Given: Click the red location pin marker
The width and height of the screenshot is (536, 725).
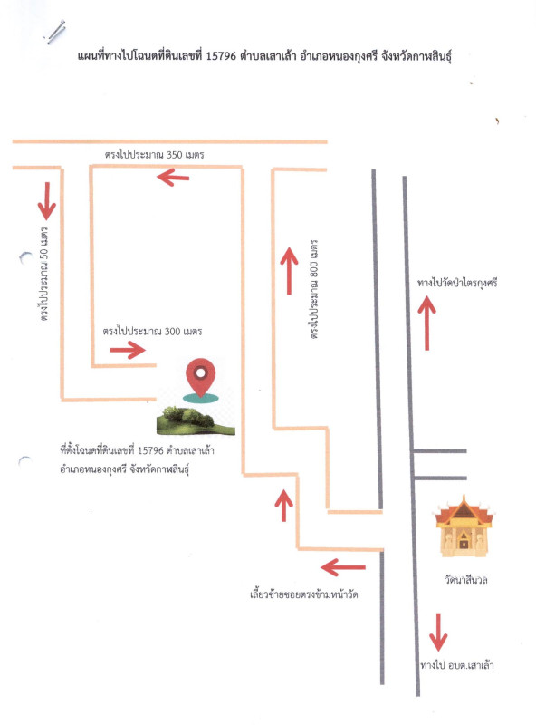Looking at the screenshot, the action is tap(200, 378).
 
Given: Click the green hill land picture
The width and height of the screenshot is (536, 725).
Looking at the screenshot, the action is tap(196, 420).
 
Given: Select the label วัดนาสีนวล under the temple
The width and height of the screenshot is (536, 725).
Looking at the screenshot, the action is tap(465, 579).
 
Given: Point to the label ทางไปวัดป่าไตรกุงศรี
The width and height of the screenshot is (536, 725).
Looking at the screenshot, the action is tap(457, 283).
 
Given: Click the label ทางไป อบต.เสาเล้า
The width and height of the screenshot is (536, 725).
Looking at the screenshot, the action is tap(457, 665).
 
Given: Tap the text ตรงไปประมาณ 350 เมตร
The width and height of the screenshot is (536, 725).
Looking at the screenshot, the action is tap(154, 154).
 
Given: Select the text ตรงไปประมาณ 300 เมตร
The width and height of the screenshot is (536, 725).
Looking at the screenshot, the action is tap(152, 331).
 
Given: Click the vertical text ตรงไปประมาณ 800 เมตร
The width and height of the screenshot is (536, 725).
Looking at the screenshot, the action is tap(314, 290).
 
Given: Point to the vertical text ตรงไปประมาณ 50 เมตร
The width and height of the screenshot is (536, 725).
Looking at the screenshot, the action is tap(44, 274).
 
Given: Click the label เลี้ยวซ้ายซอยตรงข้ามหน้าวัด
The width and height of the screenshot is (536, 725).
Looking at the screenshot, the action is tap(303, 594).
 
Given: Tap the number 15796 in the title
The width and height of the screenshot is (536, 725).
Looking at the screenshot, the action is tap(221, 56).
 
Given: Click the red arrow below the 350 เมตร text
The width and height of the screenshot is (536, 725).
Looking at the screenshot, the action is tap(173, 177).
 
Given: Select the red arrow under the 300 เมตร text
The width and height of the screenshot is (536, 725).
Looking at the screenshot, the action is tap(128, 350).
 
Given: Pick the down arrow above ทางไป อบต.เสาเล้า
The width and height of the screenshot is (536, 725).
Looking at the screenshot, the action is tap(438, 632).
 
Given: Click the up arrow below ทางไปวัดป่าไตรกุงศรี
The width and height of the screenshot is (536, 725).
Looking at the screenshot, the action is tap(427, 323).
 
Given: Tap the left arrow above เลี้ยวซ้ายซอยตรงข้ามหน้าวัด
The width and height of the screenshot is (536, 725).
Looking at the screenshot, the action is tap(343, 567).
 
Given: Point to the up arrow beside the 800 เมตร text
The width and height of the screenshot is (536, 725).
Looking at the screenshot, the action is tap(289, 270).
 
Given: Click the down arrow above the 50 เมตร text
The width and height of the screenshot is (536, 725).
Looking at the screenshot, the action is tap(47, 201).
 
